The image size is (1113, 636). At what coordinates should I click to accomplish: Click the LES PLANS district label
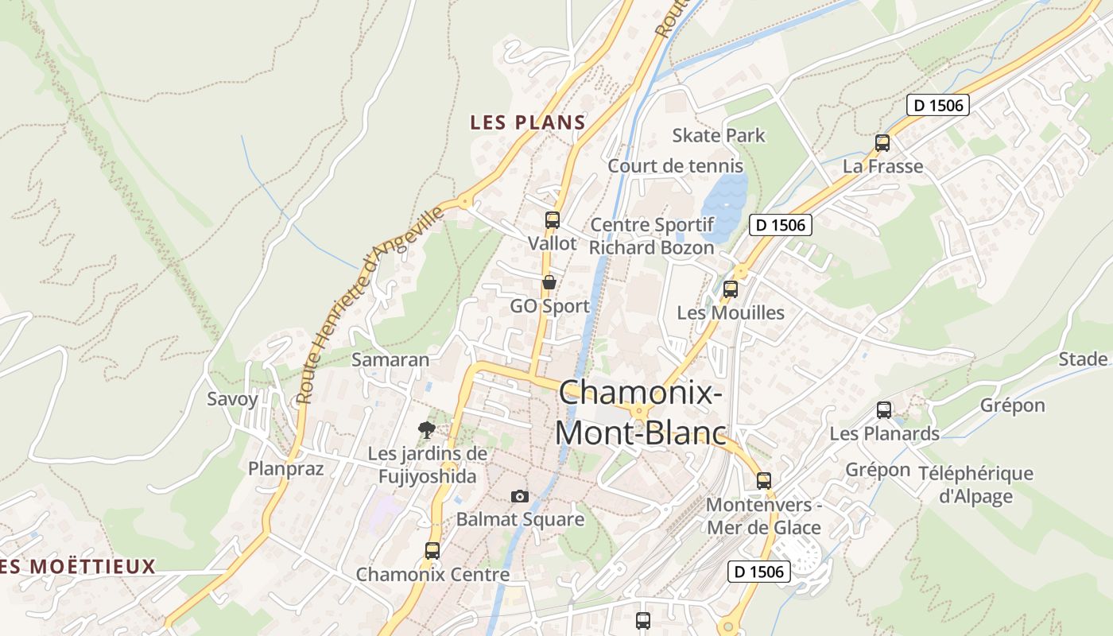point(527,122)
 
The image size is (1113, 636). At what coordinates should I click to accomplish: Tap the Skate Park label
point(719,135)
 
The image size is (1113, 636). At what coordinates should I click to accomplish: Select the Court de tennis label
point(675,166)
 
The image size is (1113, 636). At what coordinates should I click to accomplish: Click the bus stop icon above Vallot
point(553,220)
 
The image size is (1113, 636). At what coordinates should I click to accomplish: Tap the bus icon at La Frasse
point(882,143)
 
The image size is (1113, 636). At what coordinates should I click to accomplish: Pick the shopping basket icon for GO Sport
point(549,282)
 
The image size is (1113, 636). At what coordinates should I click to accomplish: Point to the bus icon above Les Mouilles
point(731,289)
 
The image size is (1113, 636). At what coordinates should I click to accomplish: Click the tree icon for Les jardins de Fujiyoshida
point(427,430)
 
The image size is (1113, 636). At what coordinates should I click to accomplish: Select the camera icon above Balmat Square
point(520,496)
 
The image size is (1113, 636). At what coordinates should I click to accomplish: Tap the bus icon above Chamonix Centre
point(432,550)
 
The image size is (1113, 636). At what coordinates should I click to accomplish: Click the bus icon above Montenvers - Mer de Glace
point(764,480)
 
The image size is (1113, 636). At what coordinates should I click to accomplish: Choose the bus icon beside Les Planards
point(884,410)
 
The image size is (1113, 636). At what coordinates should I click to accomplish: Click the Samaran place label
point(390,359)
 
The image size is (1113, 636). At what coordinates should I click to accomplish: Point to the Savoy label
point(232,399)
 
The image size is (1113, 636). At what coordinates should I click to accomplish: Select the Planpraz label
point(286,468)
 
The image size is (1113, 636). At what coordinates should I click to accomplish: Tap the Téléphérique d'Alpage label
point(975,485)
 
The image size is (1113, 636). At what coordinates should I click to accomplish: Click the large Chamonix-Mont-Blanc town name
point(641,413)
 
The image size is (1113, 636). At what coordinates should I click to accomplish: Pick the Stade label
point(1083,359)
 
